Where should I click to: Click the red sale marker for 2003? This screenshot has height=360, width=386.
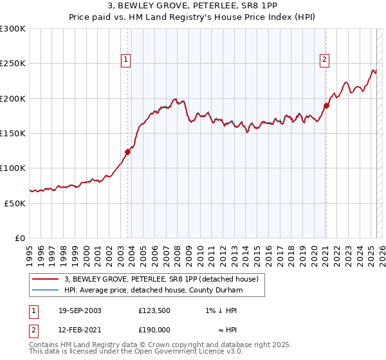(x=127, y=152)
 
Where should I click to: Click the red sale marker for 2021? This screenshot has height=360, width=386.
(x=326, y=106)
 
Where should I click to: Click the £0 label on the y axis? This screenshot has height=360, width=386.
(x=19, y=238)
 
